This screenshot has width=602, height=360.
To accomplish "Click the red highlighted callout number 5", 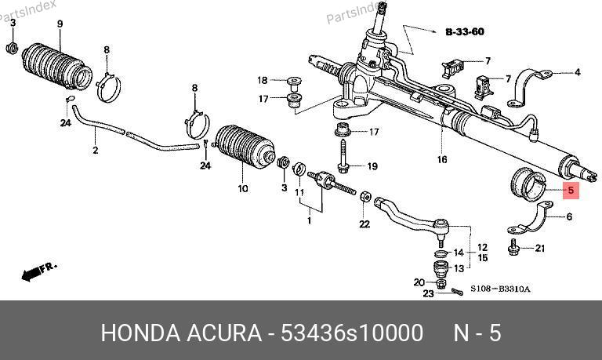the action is tap(571, 190).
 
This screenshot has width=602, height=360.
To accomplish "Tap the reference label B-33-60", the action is tap(465, 31).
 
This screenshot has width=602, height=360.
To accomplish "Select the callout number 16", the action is tap(442, 159).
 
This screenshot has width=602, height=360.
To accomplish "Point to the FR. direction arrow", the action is tap(39, 271).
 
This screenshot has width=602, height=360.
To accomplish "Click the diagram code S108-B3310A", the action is tap(500, 289).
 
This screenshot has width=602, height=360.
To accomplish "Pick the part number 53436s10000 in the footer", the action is tap(352, 333).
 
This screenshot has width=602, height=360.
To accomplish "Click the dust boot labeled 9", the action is tap(56, 66).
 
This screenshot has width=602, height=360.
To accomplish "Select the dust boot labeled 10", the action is tap(245, 147).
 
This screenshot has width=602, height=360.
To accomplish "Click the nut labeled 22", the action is tap(365, 197).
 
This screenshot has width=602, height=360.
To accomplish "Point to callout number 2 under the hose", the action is tap(95, 150).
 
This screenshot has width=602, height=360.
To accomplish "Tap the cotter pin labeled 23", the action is tap(457, 292).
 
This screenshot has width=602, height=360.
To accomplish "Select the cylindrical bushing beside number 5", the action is tap(528, 184).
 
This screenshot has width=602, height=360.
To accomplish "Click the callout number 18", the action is tap(263, 80).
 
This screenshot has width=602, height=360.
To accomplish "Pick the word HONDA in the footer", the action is tap(140, 333).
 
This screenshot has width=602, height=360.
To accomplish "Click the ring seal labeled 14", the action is tap(441, 253).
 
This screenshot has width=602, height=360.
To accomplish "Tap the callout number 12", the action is tap(482, 248).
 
